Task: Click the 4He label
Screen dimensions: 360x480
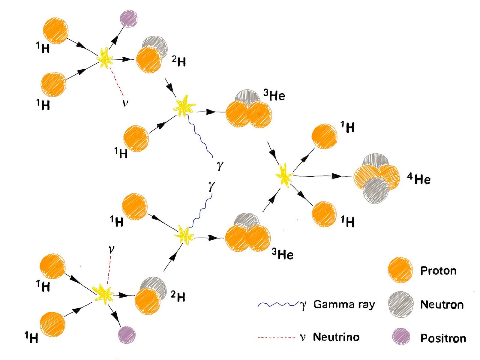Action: click(x=419, y=179)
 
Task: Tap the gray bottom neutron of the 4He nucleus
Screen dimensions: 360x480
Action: click(x=375, y=191)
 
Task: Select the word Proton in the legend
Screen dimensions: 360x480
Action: click(x=438, y=271)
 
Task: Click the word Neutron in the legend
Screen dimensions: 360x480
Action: click(x=442, y=304)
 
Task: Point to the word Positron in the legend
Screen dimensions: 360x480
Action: click(x=443, y=338)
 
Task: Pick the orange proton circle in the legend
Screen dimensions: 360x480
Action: click(x=400, y=270)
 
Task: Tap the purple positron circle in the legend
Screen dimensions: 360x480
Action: click(x=401, y=336)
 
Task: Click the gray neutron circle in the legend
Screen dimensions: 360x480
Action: click(x=400, y=304)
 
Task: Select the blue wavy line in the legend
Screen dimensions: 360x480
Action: click(x=277, y=304)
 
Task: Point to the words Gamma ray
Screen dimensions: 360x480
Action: click(x=344, y=304)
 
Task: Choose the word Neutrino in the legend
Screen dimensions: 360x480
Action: click(x=336, y=337)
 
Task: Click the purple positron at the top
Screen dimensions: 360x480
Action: click(x=129, y=19)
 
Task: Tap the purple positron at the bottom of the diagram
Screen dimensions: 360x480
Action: click(x=127, y=335)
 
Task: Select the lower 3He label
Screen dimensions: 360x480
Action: click(x=282, y=254)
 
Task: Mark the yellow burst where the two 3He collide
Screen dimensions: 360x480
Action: click(x=284, y=175)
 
